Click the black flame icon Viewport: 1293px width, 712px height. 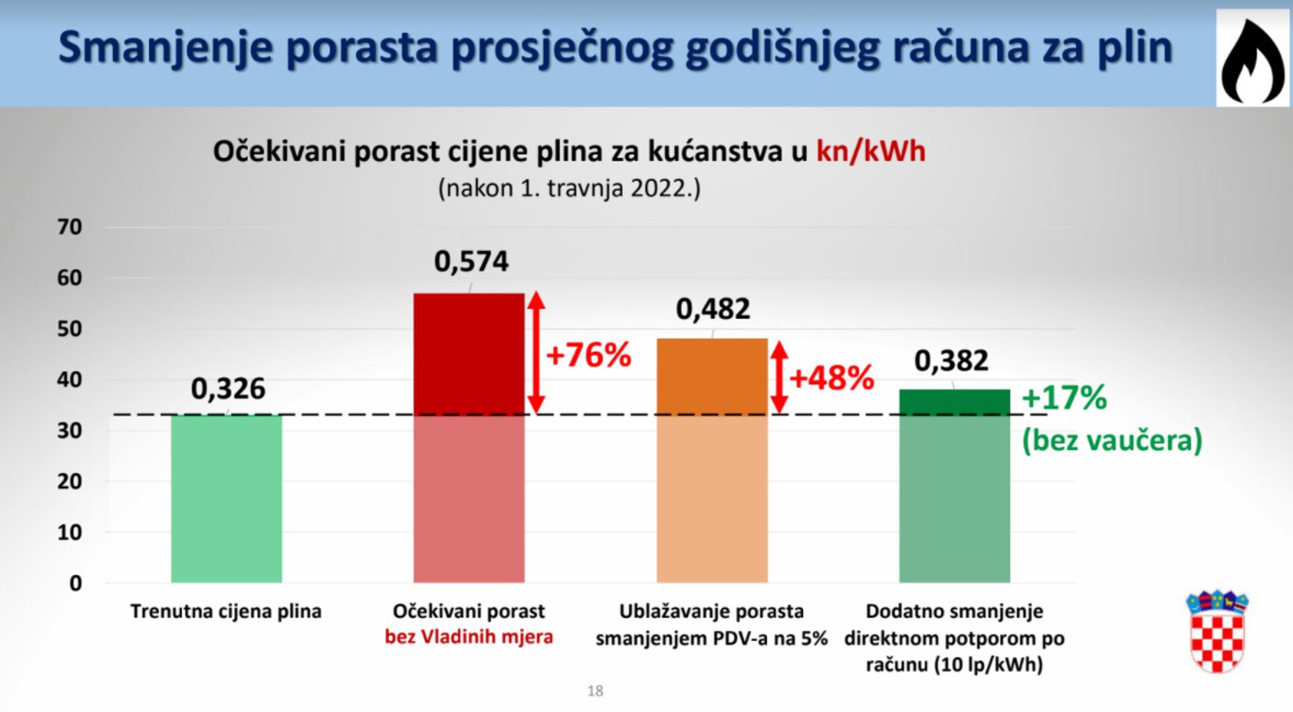click(x=1253, y=60)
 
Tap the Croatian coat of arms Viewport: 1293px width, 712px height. click(x=1217, y=632)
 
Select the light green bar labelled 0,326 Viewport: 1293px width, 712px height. click(x=226, y=498)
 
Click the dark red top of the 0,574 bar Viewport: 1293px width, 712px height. click(x=469, y=354)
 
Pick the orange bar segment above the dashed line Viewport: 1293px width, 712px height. click(x=712, y=376)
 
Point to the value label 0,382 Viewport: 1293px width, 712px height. click(x=951, y=361)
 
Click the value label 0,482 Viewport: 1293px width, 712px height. click(x=713, y=309)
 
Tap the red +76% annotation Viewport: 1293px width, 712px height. click(x=589, y=355)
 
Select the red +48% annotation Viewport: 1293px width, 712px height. click(x=832, y=378)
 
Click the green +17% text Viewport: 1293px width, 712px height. click(x=1064, y=398)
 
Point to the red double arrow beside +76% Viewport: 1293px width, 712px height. click(x=537, y=353)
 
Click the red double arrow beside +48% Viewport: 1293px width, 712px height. click(x=780, y=377)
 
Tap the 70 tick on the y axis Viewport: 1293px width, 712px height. click(x=69, y=227)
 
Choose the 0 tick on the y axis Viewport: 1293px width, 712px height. click(x=75, y=583)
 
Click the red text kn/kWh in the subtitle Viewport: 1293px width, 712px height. click(x=871, y=151)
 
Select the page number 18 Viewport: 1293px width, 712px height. click(x=595, y=690)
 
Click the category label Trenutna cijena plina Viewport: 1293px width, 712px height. click(x=226, y=611)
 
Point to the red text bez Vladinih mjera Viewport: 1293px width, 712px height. click(x=469, y=637)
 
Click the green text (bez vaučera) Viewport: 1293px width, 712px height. click(x=1112, y=440)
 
